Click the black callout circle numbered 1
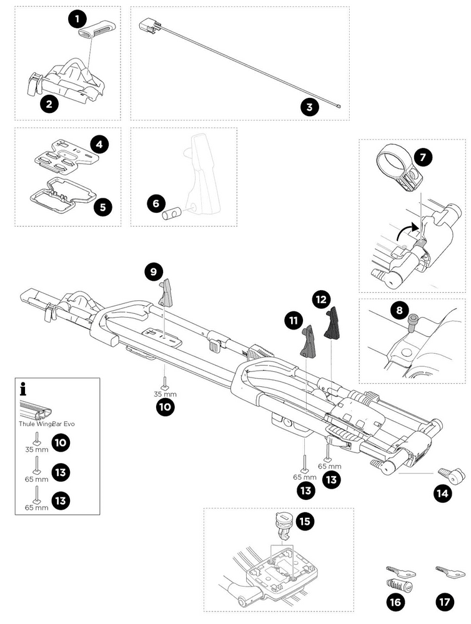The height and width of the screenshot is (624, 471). coord(77,19)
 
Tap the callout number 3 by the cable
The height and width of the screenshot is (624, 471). coord(309,107)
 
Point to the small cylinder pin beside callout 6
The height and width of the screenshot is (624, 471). coord(171,214)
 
